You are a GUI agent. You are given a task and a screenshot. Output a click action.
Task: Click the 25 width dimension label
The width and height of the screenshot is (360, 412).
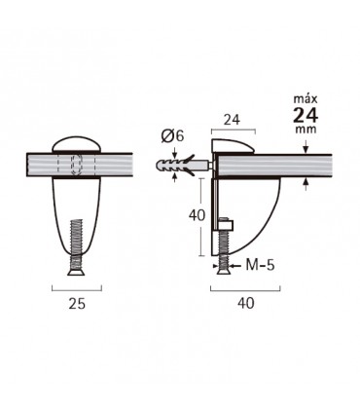point(77,304)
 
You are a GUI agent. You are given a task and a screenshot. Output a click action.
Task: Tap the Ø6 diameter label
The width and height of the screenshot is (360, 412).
point(172,136)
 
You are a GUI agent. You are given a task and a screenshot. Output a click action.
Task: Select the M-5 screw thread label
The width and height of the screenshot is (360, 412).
point(260,265)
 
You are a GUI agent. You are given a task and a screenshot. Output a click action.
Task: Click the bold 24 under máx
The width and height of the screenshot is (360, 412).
point(306,115)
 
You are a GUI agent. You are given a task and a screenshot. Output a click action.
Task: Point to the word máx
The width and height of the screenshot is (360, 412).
point(306,98)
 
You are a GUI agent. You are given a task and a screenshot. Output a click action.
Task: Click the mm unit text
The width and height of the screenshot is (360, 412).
point(306,130)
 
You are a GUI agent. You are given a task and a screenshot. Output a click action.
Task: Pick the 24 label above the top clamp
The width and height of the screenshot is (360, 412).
point(233,120)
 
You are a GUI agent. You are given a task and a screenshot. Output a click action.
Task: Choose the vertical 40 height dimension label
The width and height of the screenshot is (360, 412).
point(197,215)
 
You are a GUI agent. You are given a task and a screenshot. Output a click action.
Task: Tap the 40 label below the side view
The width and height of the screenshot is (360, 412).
point(246,303)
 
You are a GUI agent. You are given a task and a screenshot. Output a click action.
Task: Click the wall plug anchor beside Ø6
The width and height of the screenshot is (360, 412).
point(182,165)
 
